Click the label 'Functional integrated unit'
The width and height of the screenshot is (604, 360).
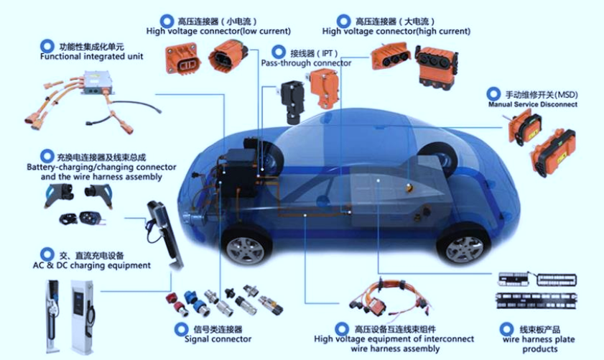[x=91, y=57]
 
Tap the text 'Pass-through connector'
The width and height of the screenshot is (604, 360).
[x=306, y=63]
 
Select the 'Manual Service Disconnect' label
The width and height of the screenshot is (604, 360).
[x=533, y=104]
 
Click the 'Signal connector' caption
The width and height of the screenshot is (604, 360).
[x=218, y=339]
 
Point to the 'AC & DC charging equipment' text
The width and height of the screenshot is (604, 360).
[x=92, y=265]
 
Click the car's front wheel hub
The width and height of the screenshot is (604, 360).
[x=245, y=250]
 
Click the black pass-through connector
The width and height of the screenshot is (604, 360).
[x=292, y=101]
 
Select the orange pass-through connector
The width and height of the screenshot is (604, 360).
[x=325, y=88]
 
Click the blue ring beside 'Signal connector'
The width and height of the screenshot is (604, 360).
[x=181, y=330]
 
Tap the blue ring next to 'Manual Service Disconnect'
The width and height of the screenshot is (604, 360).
[x=493, y=94]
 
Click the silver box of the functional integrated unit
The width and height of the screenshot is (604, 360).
[x=97, y=83]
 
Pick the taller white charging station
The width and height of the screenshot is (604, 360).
[x=82, y=317]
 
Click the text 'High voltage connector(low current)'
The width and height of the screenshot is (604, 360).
[x=218, y=31]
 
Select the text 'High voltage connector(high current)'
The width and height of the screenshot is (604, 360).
[x=396, y=31]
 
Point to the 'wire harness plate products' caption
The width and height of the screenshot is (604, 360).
[x=539, y=344]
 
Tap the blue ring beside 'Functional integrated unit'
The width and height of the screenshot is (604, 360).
[x=47, y=46]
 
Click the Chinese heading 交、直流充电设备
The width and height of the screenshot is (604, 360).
[x=91, y=256]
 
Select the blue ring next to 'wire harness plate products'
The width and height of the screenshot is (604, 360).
[x=506, y=330]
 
